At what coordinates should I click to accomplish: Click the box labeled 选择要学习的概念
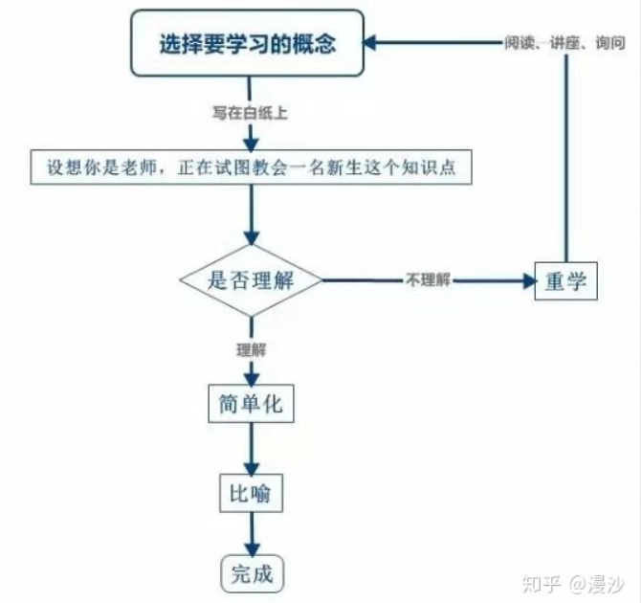[x=248, y=43]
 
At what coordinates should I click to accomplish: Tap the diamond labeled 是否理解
[x=251, y=280]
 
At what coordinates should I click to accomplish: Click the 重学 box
[x=565, y=281]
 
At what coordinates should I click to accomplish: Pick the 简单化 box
[x=251, y=403]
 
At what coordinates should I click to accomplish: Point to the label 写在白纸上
[x=250, y=112]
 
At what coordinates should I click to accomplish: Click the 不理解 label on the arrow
[x=427, y=280]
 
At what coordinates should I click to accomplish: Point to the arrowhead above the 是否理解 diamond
[x=252, y=237]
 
